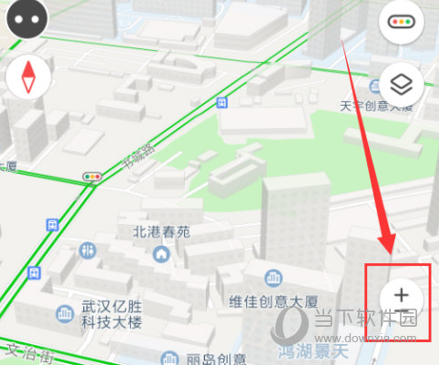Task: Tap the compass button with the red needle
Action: coord(26,78)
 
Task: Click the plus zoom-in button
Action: coord(401,294)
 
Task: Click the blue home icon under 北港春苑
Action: coord(161,254)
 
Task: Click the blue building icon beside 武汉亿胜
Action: coord(65,314)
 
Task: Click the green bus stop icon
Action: coord(53,223)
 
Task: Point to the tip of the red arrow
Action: coord(393,251)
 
